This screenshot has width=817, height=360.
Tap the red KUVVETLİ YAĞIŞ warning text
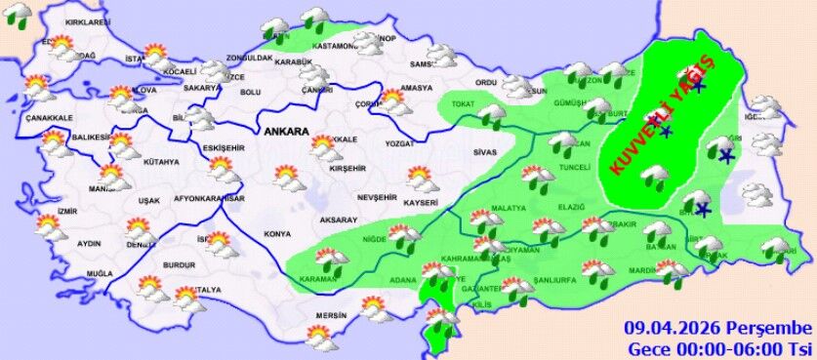[x=664, y=114]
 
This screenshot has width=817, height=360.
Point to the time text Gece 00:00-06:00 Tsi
[x=719, y=347]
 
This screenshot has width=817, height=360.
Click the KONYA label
[x=278, y=234]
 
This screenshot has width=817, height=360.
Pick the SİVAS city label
[x=485, y=153]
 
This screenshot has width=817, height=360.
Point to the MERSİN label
[x=333, y=315]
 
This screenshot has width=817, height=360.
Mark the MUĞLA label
[x=100, y=274]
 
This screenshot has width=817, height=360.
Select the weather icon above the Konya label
[x=288, y=178]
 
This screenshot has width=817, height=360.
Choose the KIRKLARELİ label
[x=82, y=21]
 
